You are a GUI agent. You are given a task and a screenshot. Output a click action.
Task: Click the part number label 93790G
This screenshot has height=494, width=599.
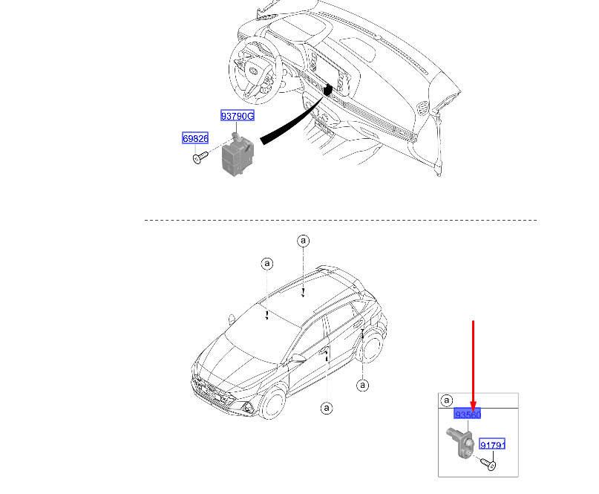(x=238, y=115)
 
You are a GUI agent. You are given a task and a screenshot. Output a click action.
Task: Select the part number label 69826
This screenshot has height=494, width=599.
(x=195, y=138)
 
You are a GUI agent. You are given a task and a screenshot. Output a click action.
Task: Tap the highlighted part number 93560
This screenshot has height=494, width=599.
(x=467, y=414)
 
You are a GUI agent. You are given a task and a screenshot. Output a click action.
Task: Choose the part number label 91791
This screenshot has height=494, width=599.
(x=492, y=444)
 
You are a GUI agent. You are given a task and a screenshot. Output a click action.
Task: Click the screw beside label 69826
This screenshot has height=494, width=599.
(x=200, y=157)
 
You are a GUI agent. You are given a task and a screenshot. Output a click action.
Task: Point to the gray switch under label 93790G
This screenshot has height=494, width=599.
(x=238, y=155)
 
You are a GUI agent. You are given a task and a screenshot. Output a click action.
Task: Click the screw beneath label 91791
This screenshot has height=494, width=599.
(x=488, y=464)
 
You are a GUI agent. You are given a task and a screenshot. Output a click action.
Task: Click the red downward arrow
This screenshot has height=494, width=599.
(x=474, y=366)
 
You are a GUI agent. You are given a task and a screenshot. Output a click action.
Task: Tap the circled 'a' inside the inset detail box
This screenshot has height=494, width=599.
(x=447, y=400)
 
